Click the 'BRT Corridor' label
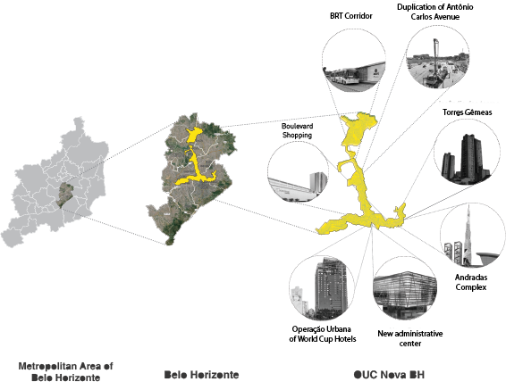(351, 16)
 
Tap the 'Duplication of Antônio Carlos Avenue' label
(435, 12)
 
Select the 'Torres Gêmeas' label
(467, 112)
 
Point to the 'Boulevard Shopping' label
(297, 130)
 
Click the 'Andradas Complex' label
(471, 282)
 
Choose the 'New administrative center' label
(410, 338)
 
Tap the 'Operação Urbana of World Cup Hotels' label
(323, 334)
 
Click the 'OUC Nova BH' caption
(389, 375)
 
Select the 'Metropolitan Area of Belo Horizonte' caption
(65, 371)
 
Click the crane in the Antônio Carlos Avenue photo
(434, 62)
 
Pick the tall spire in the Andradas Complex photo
(468, 236)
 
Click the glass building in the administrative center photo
(405, 293)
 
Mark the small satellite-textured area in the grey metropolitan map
(64, 195)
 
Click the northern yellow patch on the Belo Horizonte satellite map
(194, 134)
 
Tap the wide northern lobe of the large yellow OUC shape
(358, 129)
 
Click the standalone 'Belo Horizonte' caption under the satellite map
(201, 375)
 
